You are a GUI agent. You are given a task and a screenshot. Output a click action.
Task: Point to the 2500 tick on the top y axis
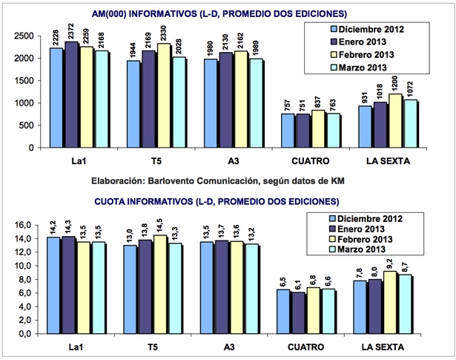tap(24, 36)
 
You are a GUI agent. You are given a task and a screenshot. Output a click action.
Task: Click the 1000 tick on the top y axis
tap(24, 102)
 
